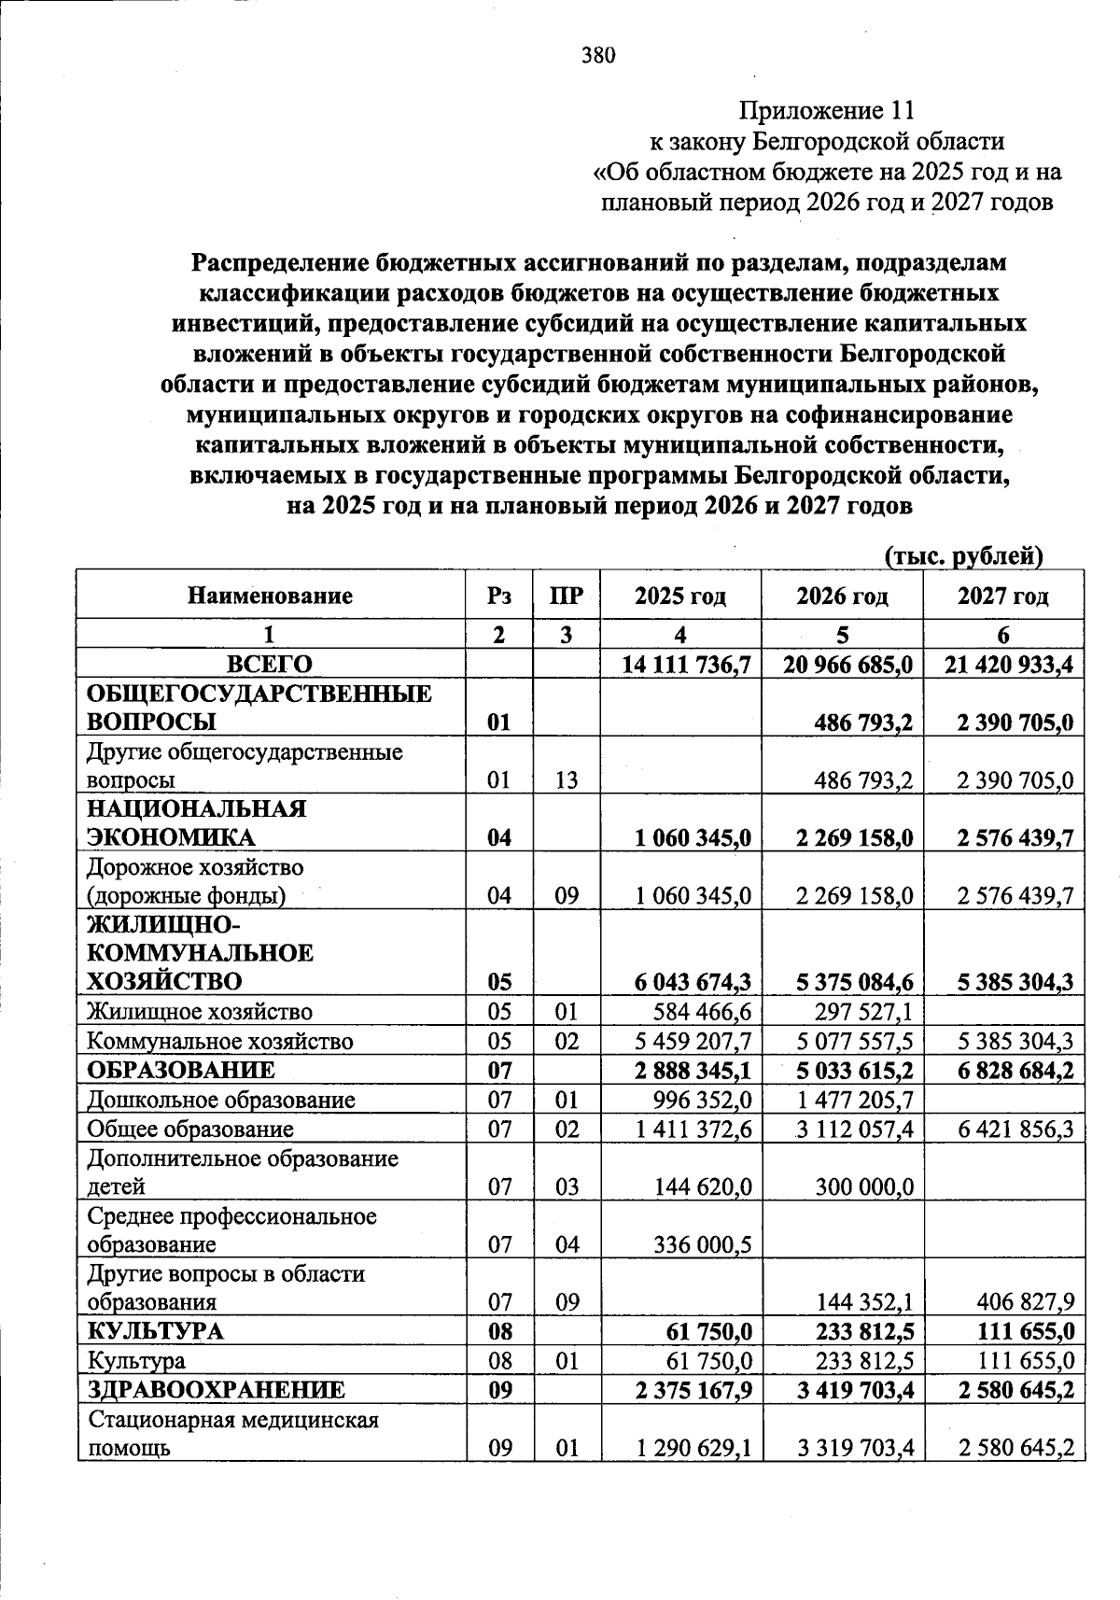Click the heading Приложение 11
(x=826, y=111)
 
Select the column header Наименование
(x=271, y=596)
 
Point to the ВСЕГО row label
(x=271, y=665)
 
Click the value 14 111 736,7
(x=687, y=665)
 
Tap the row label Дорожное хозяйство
(x=195, y=868)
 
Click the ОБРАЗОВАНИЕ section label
(x=181, y=1070)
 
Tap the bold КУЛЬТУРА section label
(x=143, y=1331)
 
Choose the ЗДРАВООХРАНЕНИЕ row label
(x=216, y=1390)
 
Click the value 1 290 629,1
(x=693, y=1448)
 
